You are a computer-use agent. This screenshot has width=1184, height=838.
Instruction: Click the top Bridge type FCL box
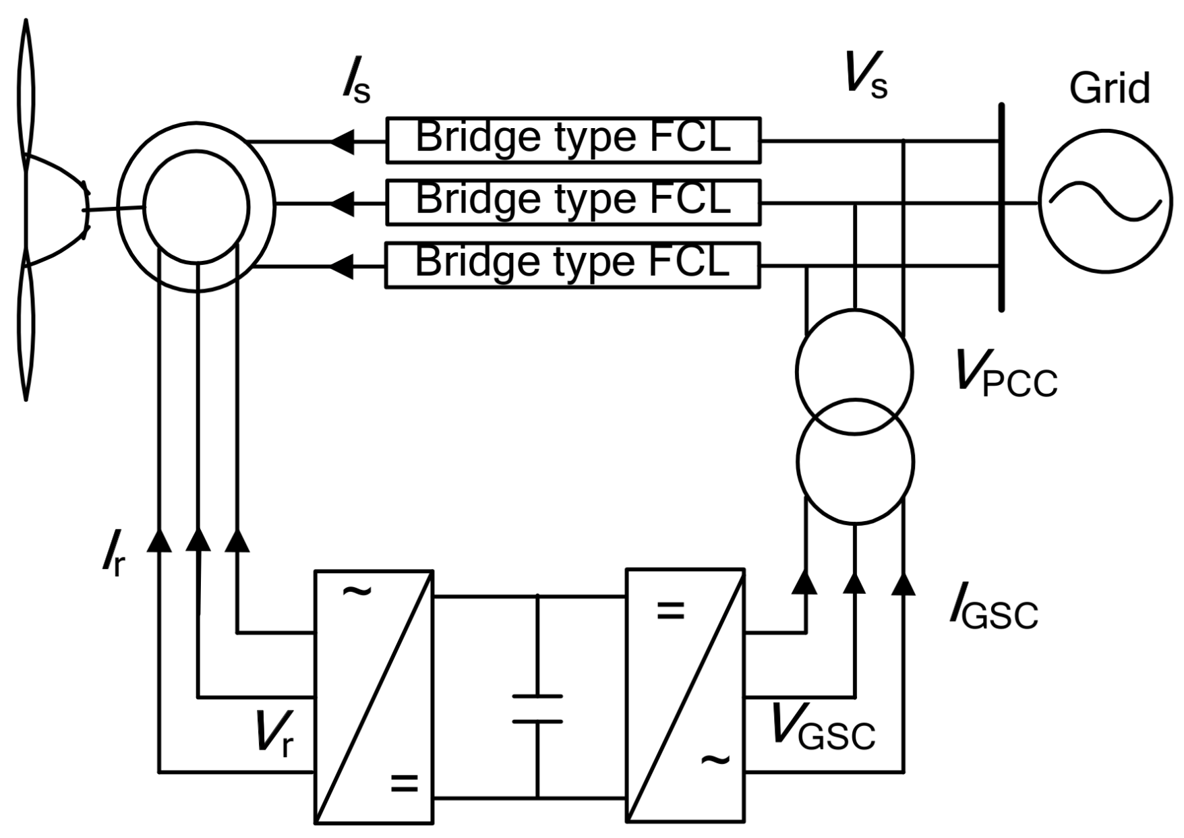pos(573,140)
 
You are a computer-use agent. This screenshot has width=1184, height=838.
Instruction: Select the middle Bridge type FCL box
pos(573,202)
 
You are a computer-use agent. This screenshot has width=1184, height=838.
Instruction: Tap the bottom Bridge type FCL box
pos(573,265)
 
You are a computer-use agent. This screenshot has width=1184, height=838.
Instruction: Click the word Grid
pos(1109,89)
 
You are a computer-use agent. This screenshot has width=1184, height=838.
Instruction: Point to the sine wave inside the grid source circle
pos(1105,202)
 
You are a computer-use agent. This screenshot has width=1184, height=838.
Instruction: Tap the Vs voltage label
pos(865,76)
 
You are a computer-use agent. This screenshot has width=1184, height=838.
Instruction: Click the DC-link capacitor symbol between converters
pos(537,709)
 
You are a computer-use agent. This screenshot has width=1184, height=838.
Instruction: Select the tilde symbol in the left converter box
pos(357,592)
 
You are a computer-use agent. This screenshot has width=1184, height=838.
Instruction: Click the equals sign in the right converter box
pos(670,611)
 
